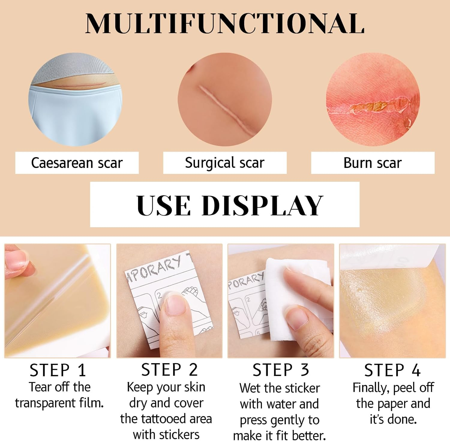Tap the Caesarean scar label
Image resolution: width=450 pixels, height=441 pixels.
coord(77,163)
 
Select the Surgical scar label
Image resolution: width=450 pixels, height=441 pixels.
coord(225,163)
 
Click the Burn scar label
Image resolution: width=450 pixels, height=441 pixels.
coord(372,163)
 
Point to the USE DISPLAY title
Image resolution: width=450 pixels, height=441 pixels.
coord(229,205)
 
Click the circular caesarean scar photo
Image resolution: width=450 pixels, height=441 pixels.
coord(75,99)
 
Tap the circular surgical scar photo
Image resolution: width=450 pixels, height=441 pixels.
coord(225,99)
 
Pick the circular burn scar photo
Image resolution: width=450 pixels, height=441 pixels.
coord(373,99)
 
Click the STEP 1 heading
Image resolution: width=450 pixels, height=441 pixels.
coord(58,370)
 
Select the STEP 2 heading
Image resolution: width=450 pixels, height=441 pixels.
coord(169,370)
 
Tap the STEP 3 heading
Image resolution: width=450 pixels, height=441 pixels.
coord(281,370)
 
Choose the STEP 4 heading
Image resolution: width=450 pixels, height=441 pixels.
coord(392,370)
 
